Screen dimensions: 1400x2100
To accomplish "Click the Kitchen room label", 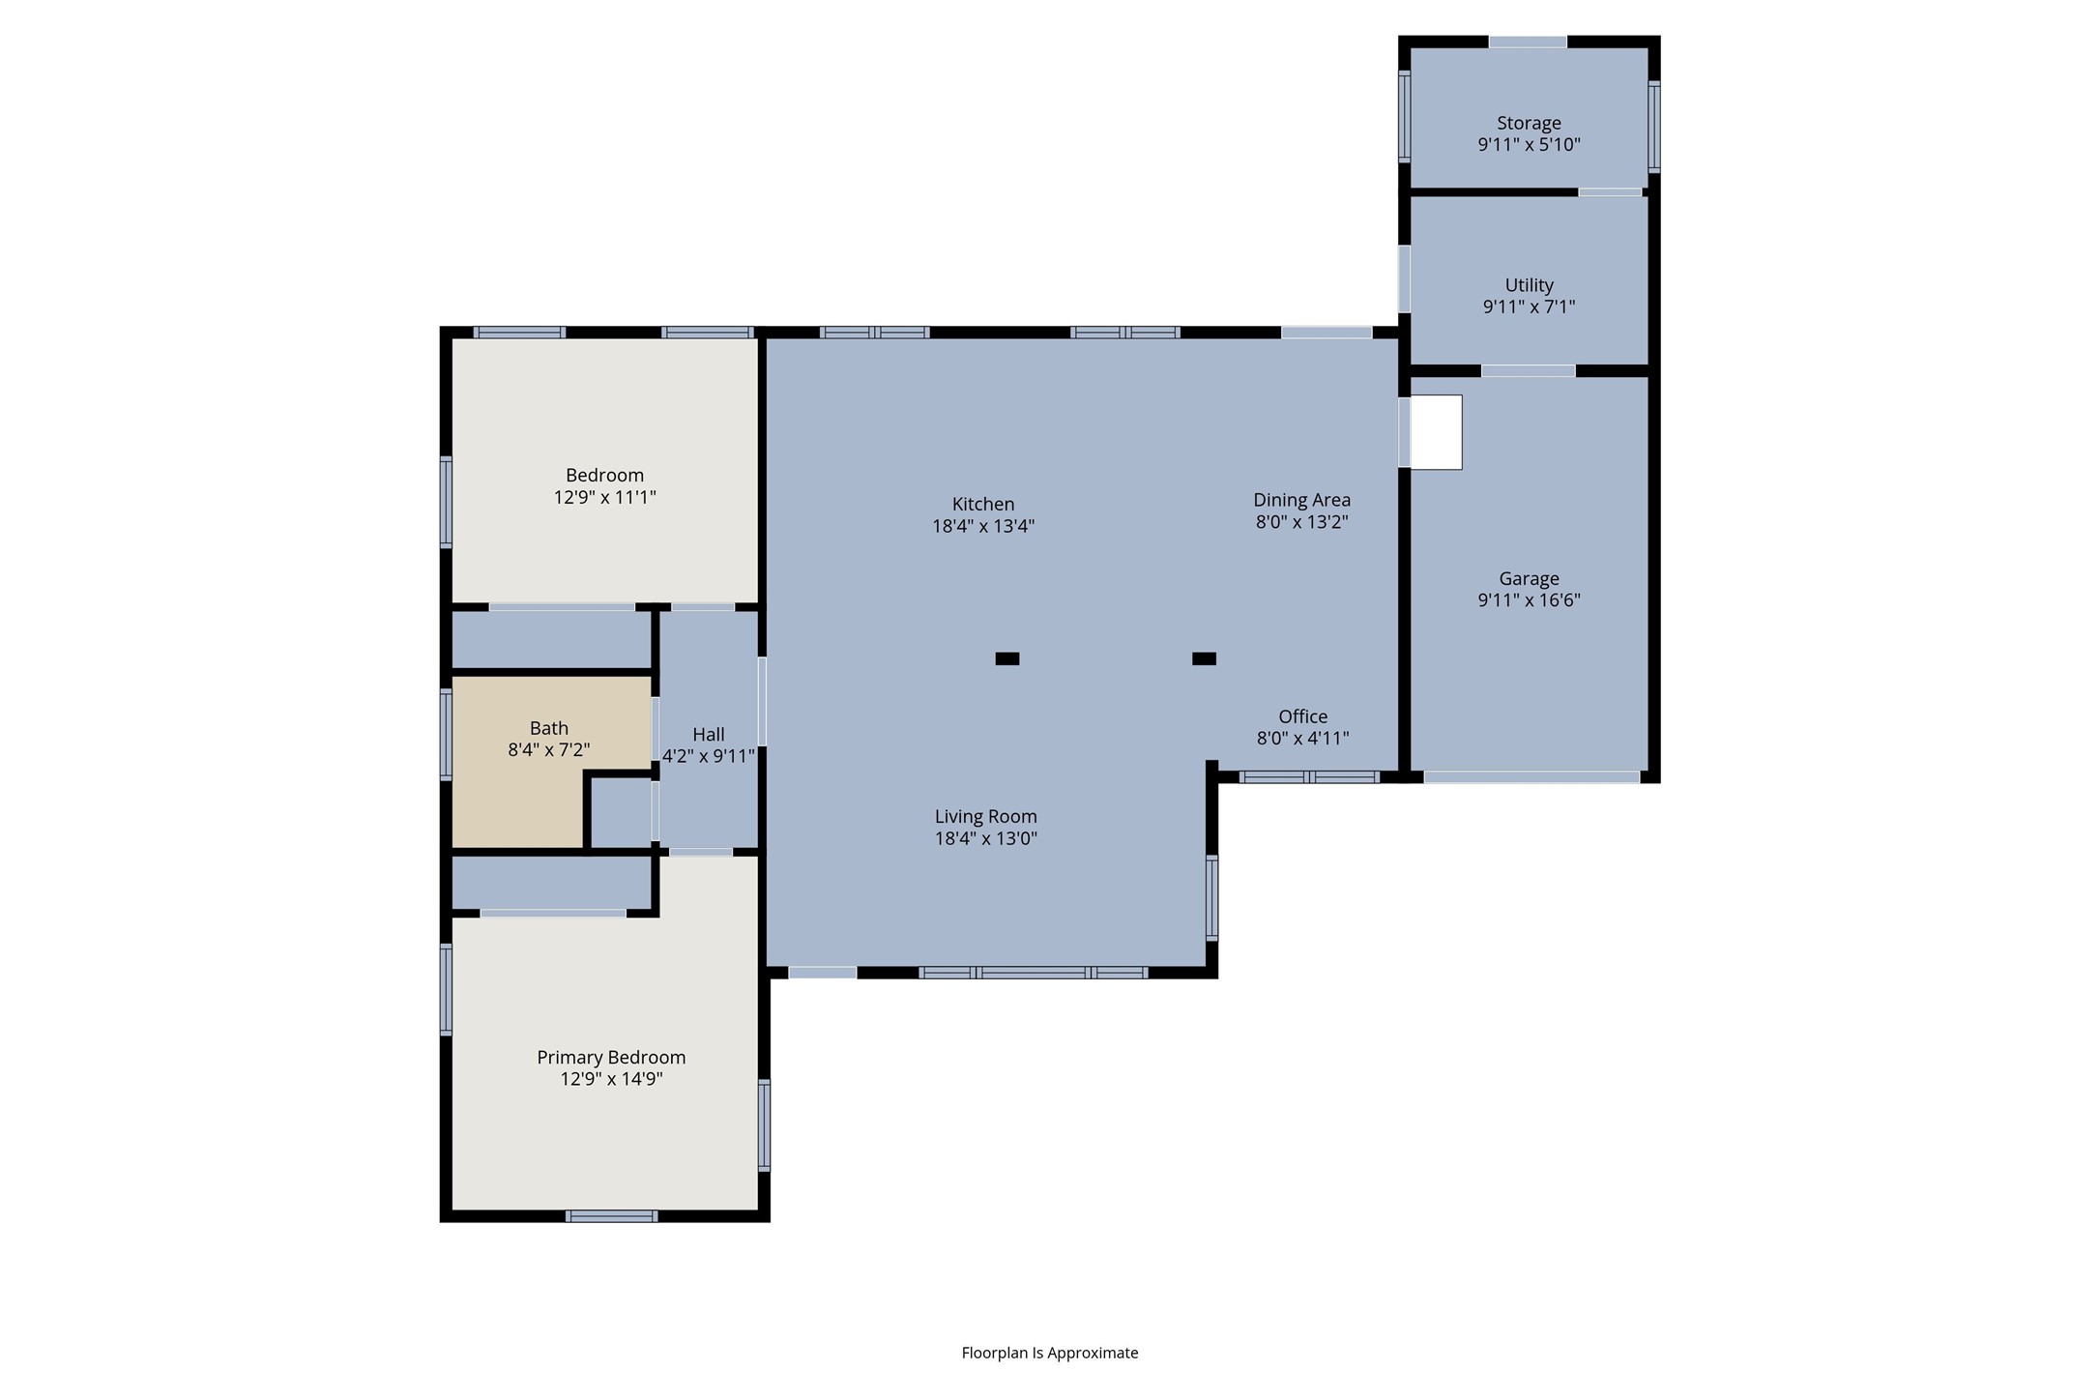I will coord(983,504).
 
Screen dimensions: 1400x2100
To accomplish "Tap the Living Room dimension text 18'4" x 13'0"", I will coord(985,838).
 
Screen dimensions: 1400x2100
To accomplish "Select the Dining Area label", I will coord(1301,500).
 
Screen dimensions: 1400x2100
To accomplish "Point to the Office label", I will coord(1302,716).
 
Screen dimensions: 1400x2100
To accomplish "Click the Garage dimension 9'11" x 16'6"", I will coord(1529,600).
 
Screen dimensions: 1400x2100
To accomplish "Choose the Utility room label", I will coord(1529,285).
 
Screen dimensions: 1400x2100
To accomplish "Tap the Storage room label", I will coord(1529,123).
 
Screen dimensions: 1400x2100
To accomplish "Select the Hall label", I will coord(708,734).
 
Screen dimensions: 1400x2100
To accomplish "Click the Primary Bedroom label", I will coord(611,1057).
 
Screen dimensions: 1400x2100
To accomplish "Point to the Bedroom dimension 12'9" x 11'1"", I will coord(604,497).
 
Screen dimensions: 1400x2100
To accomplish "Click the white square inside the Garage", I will coord(1436,432).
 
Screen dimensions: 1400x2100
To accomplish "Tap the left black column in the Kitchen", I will coord(1006,658).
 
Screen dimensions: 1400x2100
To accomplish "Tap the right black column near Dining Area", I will coord(1204,658).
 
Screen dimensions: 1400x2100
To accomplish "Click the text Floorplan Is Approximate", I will coord(1049,1353).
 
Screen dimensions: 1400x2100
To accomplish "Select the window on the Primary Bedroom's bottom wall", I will coord(611,1216).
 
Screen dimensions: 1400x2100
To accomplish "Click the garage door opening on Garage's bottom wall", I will coord(1531,776).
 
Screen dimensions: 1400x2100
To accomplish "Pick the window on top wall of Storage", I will coord(1528,42).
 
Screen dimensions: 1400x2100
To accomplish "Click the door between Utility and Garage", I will coord(1528,371).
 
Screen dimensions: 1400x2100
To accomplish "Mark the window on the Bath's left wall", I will coord(446,733).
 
